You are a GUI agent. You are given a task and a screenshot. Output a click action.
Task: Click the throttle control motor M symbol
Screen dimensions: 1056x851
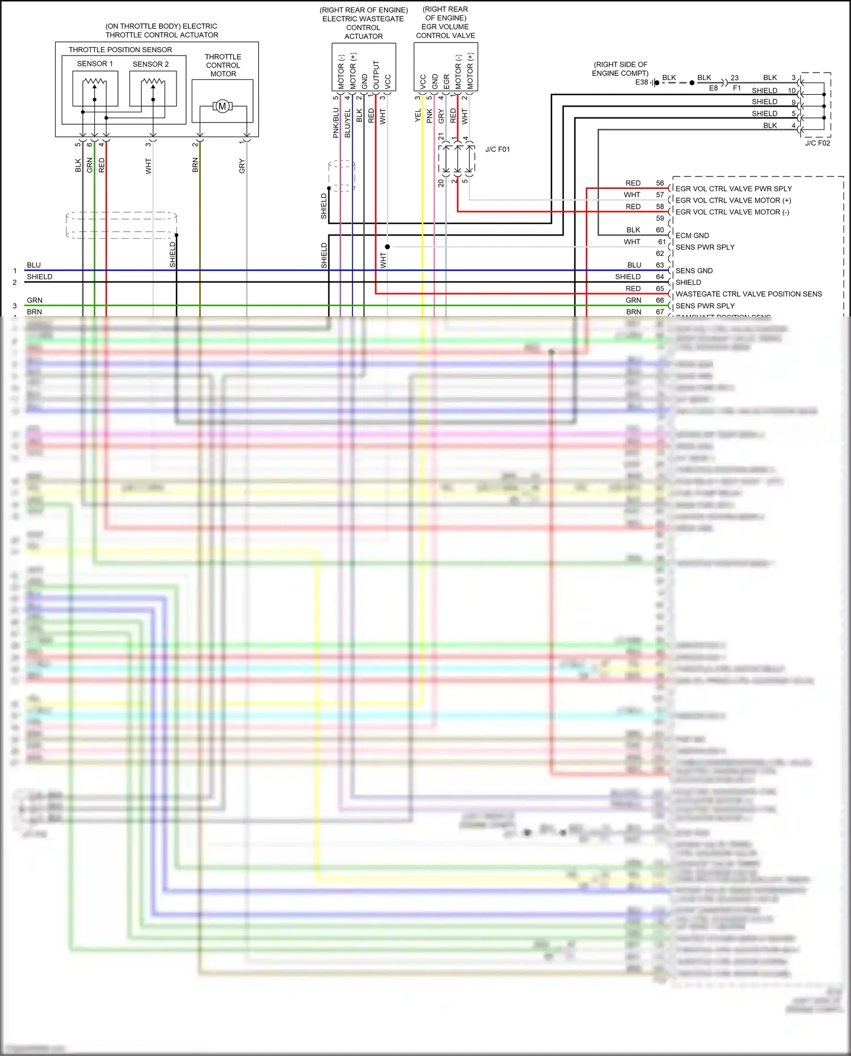pos(222,106)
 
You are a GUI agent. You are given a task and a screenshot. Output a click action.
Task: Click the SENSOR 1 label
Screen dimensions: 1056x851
pos(95,64)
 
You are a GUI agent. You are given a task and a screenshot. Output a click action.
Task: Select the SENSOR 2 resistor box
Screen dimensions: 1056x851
pos(153,89)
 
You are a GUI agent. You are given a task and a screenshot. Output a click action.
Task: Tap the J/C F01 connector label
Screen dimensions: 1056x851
pos(497,149)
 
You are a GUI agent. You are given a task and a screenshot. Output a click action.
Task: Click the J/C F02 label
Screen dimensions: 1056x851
pos(817,143)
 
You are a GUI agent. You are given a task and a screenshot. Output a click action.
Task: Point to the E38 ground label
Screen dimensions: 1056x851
pos(641,82)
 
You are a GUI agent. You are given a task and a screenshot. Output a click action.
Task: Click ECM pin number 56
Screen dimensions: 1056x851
pos(660,183)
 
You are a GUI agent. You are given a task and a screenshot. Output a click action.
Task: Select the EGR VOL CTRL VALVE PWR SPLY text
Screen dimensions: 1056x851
pos(733,189)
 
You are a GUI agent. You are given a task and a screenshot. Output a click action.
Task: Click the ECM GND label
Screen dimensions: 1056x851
pos(692,235)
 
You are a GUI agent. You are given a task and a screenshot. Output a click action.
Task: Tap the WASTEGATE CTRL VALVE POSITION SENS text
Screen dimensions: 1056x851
pos(748,294)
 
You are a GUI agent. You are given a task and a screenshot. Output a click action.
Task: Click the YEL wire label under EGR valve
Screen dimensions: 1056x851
pos(418,116)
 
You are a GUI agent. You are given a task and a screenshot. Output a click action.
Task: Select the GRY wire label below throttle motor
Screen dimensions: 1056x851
pos(242,166)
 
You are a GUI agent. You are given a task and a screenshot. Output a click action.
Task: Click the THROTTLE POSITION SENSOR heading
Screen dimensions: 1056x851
pos(120,50)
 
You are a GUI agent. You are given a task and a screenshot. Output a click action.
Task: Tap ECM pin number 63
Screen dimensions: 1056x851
pos(660,265)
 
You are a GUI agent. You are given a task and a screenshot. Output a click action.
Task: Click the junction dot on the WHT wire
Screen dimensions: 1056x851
pos(387,247)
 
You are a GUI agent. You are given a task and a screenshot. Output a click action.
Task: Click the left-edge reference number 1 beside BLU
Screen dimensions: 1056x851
pos(15,271)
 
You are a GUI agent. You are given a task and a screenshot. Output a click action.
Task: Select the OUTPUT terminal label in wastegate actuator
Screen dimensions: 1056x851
pos(376,74)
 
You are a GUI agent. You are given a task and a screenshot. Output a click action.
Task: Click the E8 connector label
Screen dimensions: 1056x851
pos(713,89)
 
